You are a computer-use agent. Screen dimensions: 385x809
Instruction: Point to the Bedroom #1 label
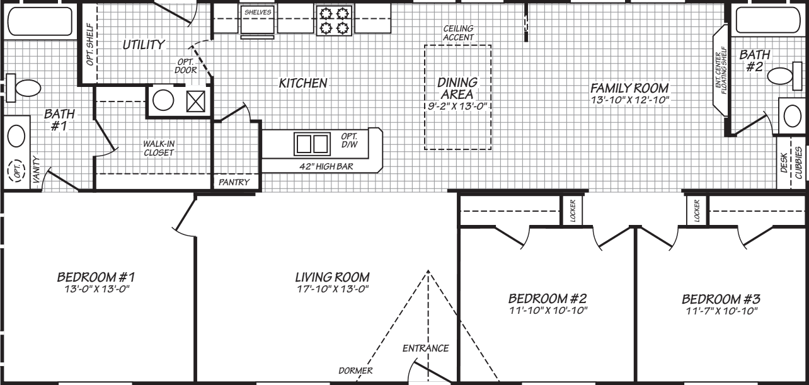tap(96, 277)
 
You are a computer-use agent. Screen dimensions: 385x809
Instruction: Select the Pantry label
tap(234, 183)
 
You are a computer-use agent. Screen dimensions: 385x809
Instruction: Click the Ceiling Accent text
tap(458, 33)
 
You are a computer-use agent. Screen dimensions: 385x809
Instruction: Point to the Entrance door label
tap(426, 348)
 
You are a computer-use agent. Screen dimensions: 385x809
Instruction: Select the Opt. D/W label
tap(350, 141)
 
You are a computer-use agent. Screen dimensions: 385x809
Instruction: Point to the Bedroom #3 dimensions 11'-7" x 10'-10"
tap(720, 311)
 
